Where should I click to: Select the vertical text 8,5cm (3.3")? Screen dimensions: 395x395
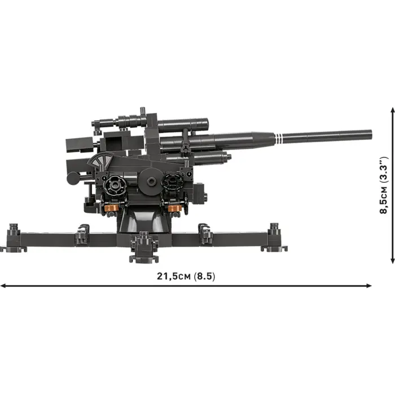(383, 186)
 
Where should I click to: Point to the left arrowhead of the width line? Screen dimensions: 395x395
(3, 286)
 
